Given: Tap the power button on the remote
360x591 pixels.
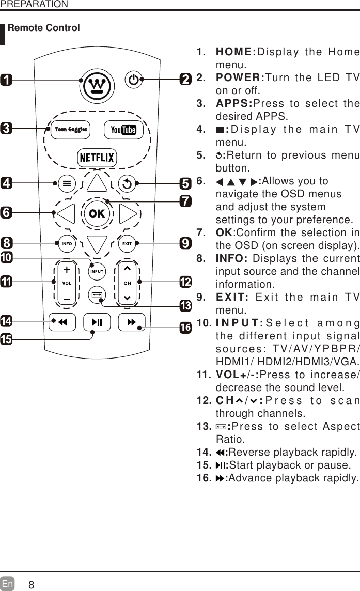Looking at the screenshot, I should tap(134, 80).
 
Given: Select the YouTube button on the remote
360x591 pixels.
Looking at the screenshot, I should tap(124, 130).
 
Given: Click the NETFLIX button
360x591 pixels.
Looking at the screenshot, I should tap(97, 158).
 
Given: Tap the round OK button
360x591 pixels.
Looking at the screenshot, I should tap(97, 213).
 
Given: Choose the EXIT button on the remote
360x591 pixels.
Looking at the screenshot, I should tap(127, 243).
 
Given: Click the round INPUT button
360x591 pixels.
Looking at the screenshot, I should tap(97, 271).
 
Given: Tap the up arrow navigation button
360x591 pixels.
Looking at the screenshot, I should tap(97, 184).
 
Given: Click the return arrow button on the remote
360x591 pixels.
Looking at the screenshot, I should tap(127, 182).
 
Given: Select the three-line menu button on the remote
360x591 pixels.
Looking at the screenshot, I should tap(67, 183).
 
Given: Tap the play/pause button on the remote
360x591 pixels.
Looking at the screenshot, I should tap(97, 322).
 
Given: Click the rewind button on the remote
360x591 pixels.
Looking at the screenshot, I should tap(62, 322).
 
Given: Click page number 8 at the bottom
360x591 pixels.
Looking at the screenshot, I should tap(32, 585).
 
